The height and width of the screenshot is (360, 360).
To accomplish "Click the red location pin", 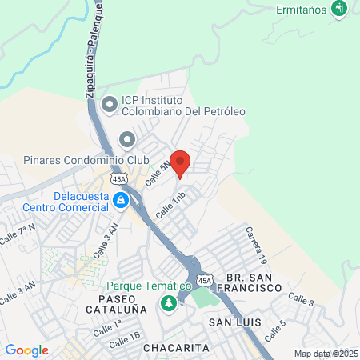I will pyautogui.click(x=180, y=162).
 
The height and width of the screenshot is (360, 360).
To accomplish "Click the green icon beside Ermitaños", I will pyautogui.click(x=341, y=9).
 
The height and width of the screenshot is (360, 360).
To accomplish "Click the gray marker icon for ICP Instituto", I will pyautogui.click(x=109, y=102).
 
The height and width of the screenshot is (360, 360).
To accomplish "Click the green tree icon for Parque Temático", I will pyautogui.click(x=168, y=303).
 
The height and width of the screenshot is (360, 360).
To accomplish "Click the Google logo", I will pyautogui.click(x=26, y=350).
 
